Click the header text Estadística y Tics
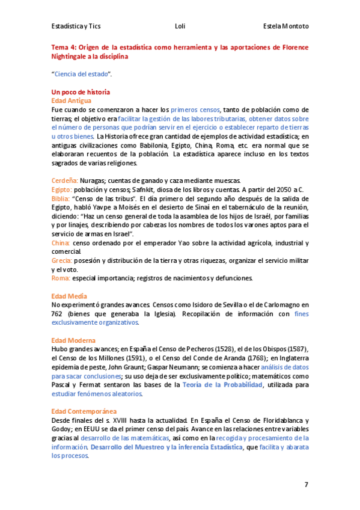[75, 26]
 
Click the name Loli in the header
[180, 26]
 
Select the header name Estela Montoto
[286, 26]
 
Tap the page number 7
[306, 484]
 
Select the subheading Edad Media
[69, 296]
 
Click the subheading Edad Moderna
[73, 340]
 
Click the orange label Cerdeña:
[65, 180]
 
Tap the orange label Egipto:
[62, 189]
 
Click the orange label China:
[61, 242]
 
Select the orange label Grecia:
[62, 260]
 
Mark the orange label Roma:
[61, 278]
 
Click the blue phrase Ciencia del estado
[82, 74]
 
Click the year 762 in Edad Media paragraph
[59, 314]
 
